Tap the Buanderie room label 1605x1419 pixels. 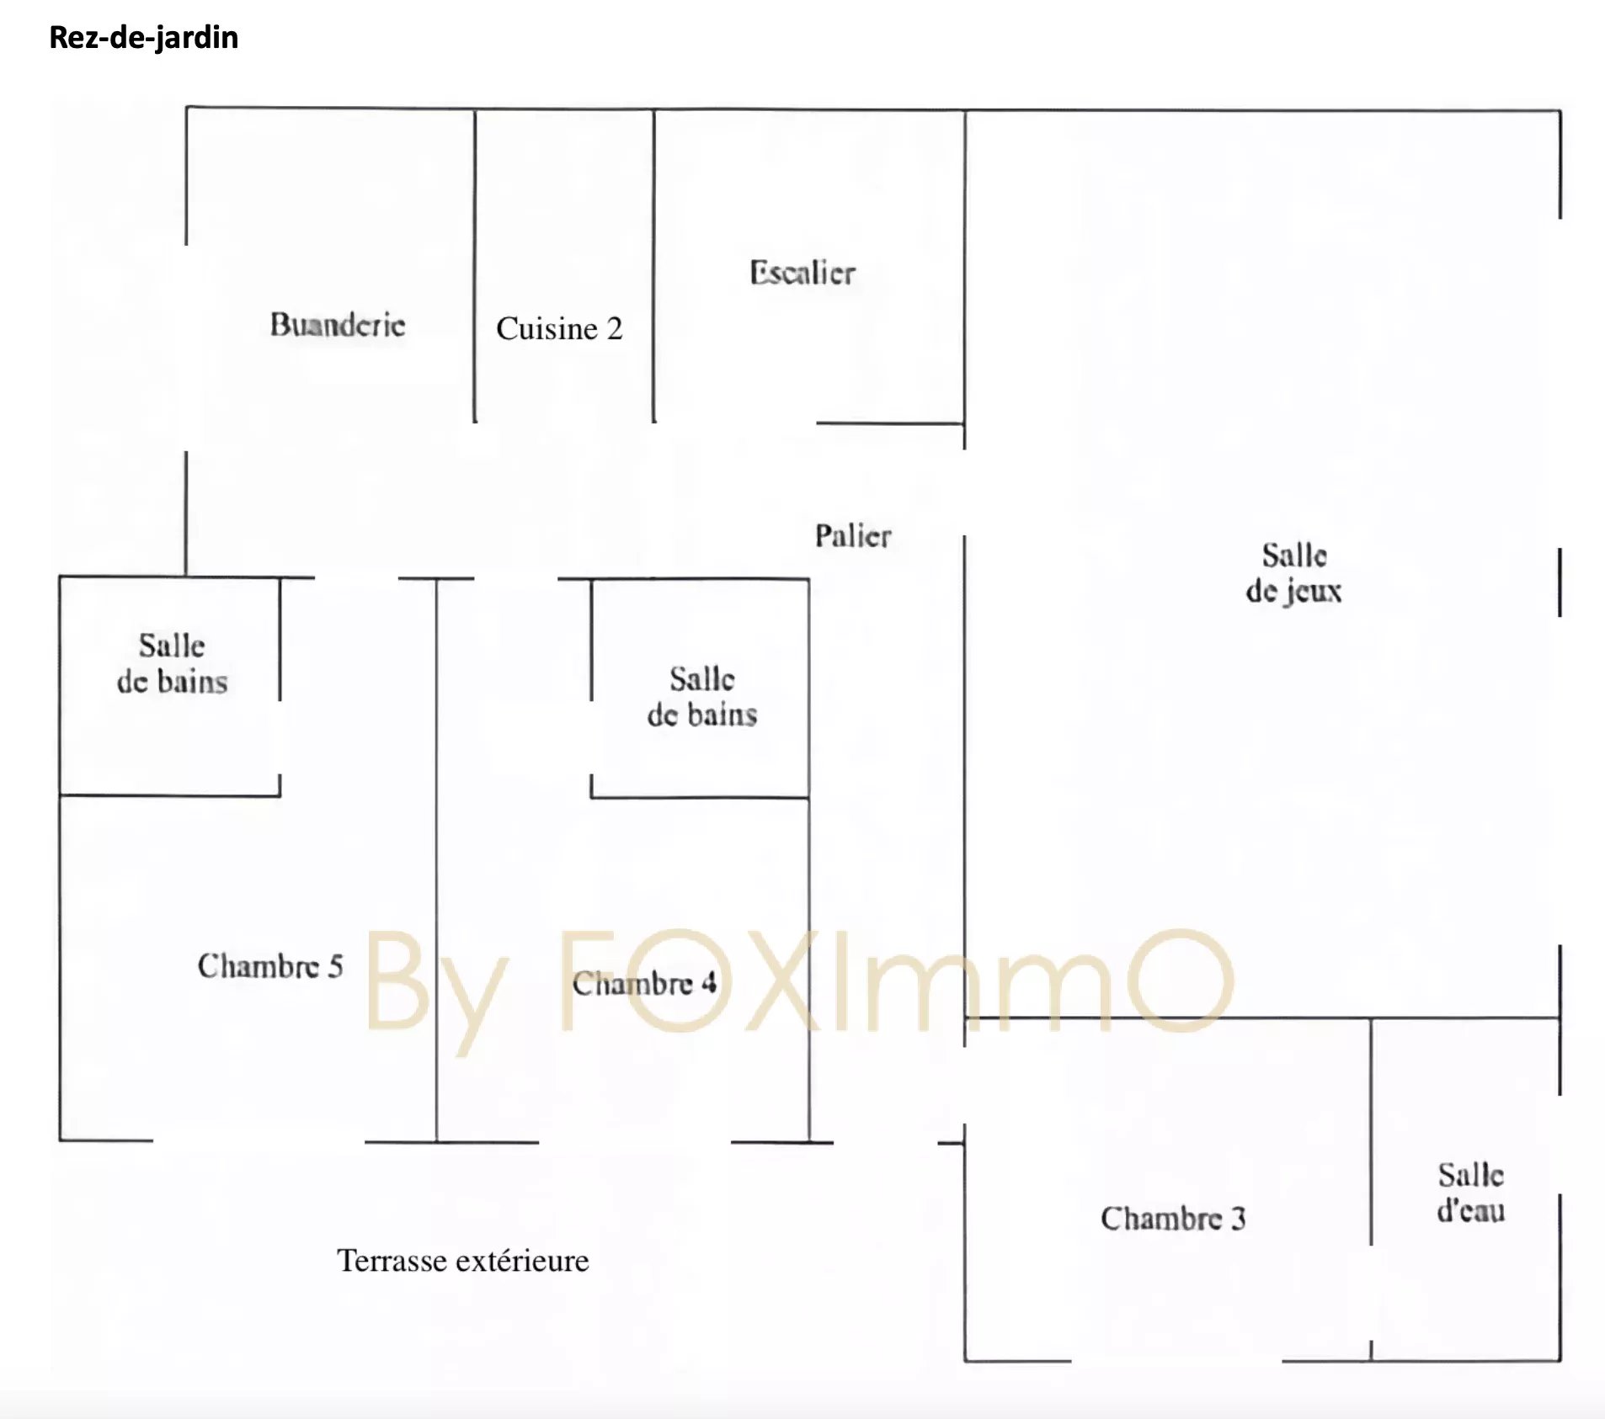(338, 325)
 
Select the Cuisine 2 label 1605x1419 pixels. (559, 328)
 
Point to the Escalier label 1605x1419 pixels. (802, 273)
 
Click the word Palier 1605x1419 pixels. (853, 536)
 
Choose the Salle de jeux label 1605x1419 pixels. (1294, 573)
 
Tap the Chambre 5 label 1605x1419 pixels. (270, 966)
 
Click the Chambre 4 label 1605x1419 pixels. (644, 983)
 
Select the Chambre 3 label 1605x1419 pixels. (1173, 1218)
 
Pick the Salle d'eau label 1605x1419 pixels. (1470, 1193)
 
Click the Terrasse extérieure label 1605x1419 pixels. (463, 1261)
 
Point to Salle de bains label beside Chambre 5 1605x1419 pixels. (172, 663)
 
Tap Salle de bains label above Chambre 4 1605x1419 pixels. (702, 697)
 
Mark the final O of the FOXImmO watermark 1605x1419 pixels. (1180, 981)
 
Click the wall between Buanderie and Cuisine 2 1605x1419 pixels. (475, 266)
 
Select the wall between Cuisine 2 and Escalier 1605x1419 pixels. (654, 266)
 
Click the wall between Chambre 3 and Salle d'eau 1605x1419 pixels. (1371, 1131)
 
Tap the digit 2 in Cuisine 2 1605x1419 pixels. (615, 328)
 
